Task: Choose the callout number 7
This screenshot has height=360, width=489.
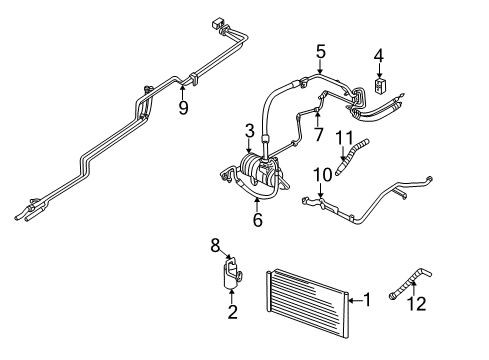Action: coord(318,133)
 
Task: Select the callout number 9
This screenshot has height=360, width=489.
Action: coord(183,108)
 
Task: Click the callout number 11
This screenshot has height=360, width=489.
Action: coord(346,137)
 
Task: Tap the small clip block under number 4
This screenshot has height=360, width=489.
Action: coord(379,86)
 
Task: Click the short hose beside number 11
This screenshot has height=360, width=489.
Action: coord(350,162)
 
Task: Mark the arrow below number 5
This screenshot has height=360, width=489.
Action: coord(320,68)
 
